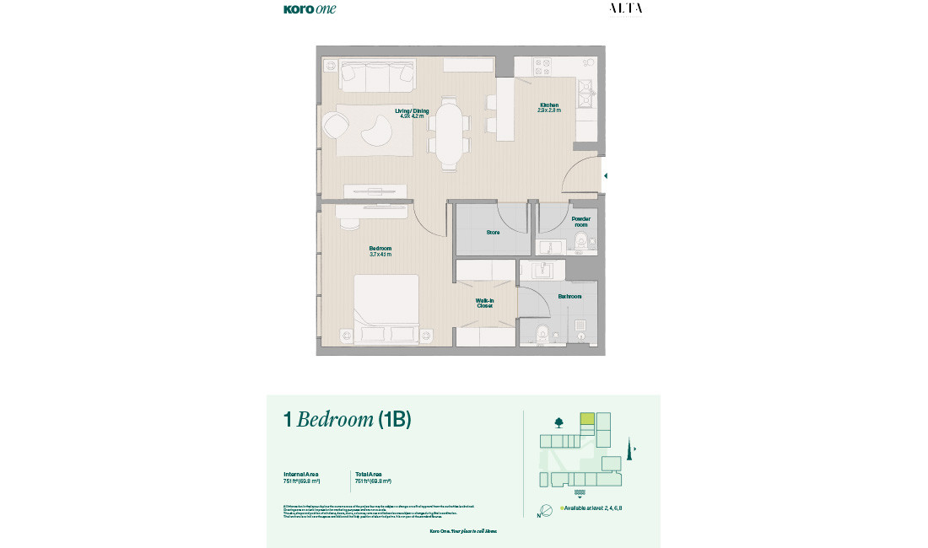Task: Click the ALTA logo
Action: (x=625, y=8)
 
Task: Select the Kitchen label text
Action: (x=549, y=105)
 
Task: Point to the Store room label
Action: (x=493, y=232)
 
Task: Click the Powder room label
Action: (x=580, y=222)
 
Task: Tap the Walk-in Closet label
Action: (x=484, y=303)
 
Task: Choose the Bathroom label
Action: (x=569, y=296)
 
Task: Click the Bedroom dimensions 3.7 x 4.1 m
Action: (x=380, y=254)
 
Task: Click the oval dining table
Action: (x=449, y=133)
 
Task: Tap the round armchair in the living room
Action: (x=335, y=126)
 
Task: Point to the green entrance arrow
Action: (x=605, y=176)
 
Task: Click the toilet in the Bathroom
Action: (x=543, y=333)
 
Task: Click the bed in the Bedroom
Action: (x=386, y=308)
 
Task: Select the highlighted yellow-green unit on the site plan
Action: (x=587, y=419)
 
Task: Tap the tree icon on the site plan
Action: (x=558, y=422)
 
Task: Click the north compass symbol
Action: (x=546, y=509)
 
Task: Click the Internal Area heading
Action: (x=300, y=474)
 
